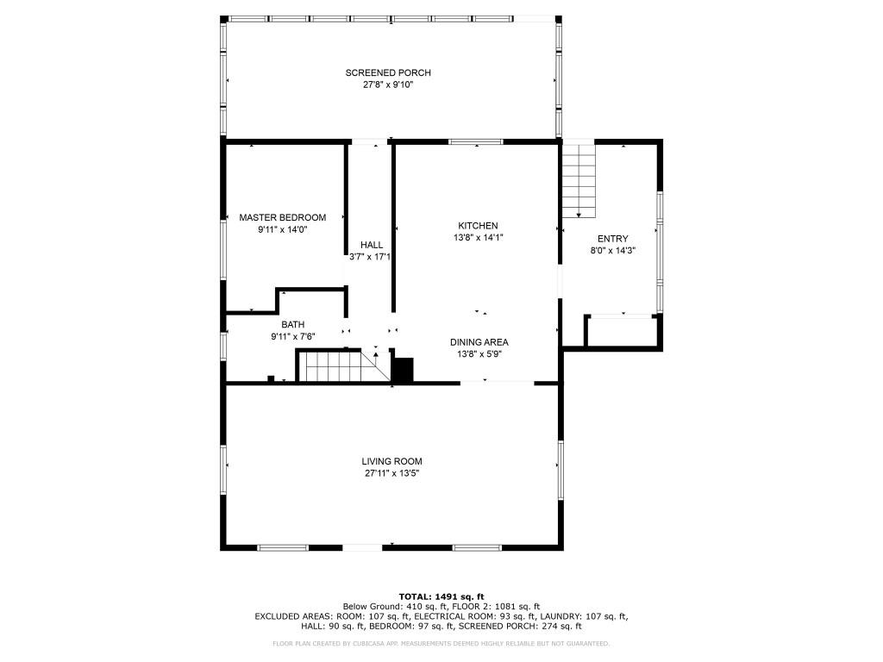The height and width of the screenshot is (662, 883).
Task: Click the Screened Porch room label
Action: [x=388, y=73]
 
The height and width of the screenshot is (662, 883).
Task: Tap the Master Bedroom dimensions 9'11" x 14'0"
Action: [x=282, y=230]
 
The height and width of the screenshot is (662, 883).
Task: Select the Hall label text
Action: [x=372, y=246]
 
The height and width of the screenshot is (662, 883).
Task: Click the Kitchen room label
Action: [x=478, y=226]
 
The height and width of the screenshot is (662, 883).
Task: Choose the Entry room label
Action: [x=612, y=239]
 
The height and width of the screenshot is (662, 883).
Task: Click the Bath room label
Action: [x=292, y=325]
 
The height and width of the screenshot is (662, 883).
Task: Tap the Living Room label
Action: [x=392, y=461]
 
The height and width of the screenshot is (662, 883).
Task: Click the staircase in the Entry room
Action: [x=579, y=180]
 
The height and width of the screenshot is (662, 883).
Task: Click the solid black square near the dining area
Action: [x=403, y=369]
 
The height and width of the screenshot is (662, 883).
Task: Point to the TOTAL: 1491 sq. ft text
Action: [x=441, y=596]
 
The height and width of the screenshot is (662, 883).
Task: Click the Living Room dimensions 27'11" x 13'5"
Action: [x=392, y=473]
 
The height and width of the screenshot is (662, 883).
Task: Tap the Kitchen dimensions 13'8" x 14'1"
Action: [x=478, y=238]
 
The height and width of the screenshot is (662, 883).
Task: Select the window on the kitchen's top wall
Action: [x=475, y=141]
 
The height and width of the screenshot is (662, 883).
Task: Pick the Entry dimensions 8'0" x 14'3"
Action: [x=612, y=251]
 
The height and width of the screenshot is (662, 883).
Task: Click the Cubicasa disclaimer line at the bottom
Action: [x=441, y=643]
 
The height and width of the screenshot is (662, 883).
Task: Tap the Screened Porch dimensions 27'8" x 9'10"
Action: [x=388, y=85]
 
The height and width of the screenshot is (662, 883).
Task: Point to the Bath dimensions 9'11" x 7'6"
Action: [x=292, y=337]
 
